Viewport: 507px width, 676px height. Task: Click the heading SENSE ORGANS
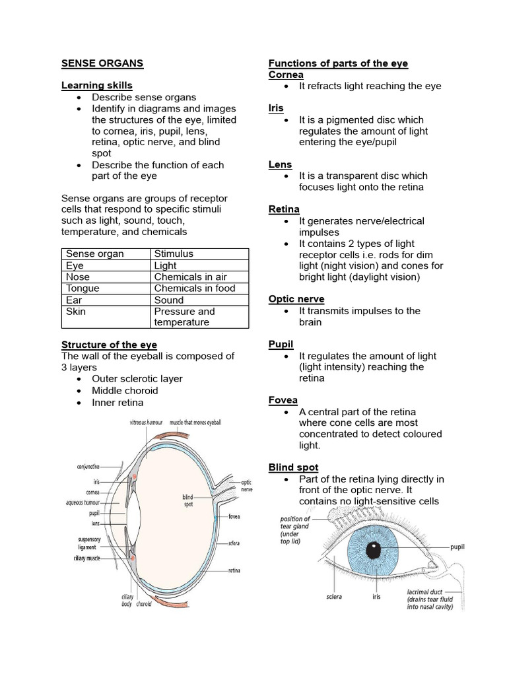click(x=102, y=63)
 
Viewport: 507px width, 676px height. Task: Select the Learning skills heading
click(x=96, y=85)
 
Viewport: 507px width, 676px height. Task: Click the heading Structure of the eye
click(x=110, y=345)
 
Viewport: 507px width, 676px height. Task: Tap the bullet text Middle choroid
click(x=125, y=390)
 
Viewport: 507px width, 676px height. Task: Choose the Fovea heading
click(x=283, y=400)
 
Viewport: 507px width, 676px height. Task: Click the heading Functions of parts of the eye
click(x=338, y=63)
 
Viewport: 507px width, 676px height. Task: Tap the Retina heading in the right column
click(x=284, y=209)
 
